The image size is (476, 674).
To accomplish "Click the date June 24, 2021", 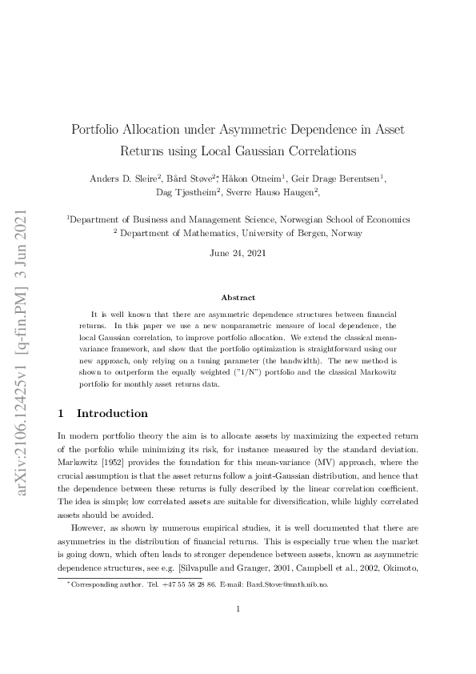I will [238, 253].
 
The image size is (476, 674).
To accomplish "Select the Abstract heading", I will [238, 298].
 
